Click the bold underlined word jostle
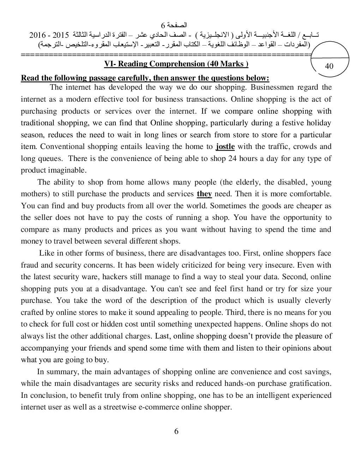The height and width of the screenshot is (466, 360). pyautogui.click(x=225, y=147)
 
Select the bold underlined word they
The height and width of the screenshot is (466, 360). pyautogui.click(x=204, y=194)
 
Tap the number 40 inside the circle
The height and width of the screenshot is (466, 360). pyautogui.click(x=329, y=66)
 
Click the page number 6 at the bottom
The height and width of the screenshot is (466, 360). pyautogui.click(x=176, y=431)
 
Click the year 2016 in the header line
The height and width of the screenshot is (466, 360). pyautogui.click(x=37, y=36)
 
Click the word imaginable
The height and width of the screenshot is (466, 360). pyautogui.click(x=63, y=171)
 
